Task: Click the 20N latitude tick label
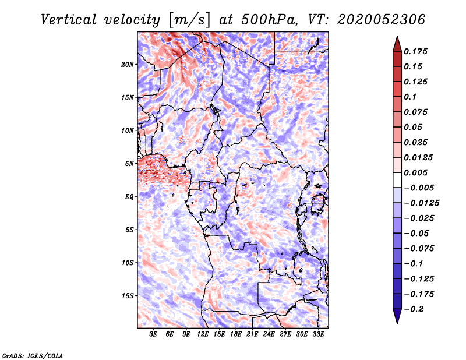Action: tap(127, 65)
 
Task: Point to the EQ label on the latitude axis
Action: tap(129, 197)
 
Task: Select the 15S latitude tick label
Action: tap(127, 296)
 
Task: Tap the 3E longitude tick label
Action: tap(153, 334)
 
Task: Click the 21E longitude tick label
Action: tap(252, 334)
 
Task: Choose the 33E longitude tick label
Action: tap(318, 334)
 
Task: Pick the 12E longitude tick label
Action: tap(203, 334)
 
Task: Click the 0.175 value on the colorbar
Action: tap(415, 51)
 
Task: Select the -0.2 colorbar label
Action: tap(414, 309)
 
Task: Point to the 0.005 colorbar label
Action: tap(415, 172)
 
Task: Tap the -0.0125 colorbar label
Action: tap(421, 203)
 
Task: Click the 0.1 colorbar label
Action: tap(410, 97)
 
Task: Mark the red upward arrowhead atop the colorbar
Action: tap(397, 44)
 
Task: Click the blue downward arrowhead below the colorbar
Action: tap(397, 316)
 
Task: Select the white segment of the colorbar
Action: tap(397, 180)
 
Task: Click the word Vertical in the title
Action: tap(69, 20)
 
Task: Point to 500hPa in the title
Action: tap(269, 20)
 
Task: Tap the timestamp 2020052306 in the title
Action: tap(382, 20)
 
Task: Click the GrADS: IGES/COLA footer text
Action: tap(33, 356)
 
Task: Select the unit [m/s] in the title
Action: tap(189, 20)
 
